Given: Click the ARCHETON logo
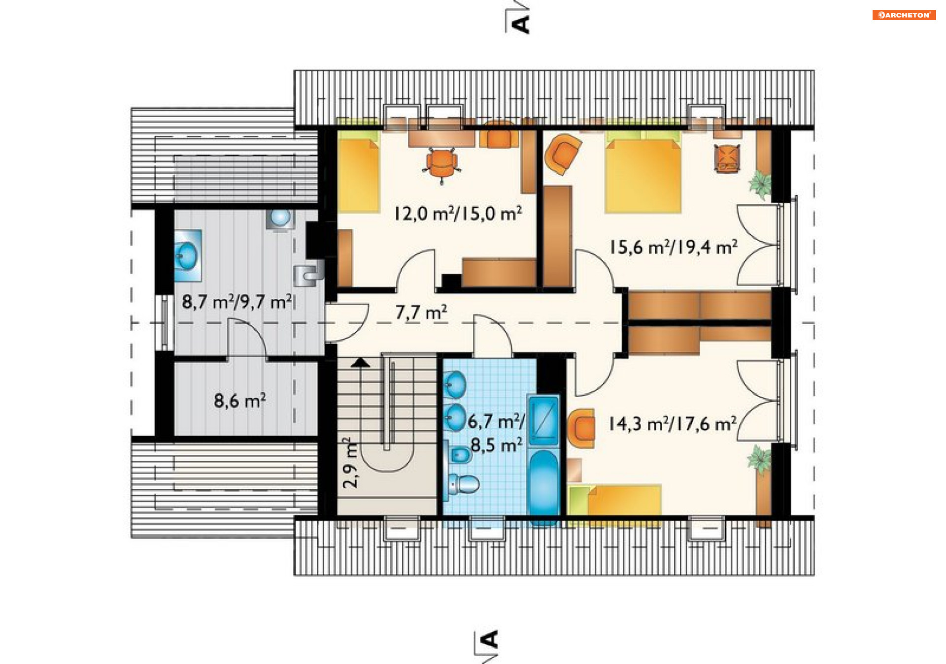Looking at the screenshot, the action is [x=904, y=15].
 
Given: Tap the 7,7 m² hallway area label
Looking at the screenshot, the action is [x=421, y=312].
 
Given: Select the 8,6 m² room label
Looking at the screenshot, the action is [x=240, y=401].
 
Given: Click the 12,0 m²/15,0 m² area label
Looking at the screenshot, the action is [x=458, y=213].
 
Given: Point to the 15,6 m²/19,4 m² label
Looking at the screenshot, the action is [x=674, y=247].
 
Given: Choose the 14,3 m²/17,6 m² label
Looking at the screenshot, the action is [x=673, y=423].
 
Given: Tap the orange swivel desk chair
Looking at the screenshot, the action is [x=441, y=165].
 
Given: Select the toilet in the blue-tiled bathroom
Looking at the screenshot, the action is [x=464, y=484].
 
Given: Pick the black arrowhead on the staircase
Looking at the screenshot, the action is [x=361, y=363].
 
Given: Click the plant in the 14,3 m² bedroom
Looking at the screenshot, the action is [x=759, y=459].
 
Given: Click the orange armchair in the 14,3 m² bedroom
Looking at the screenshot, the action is [x=581, y=428].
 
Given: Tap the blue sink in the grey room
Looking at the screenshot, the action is [x=188, y=255].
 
